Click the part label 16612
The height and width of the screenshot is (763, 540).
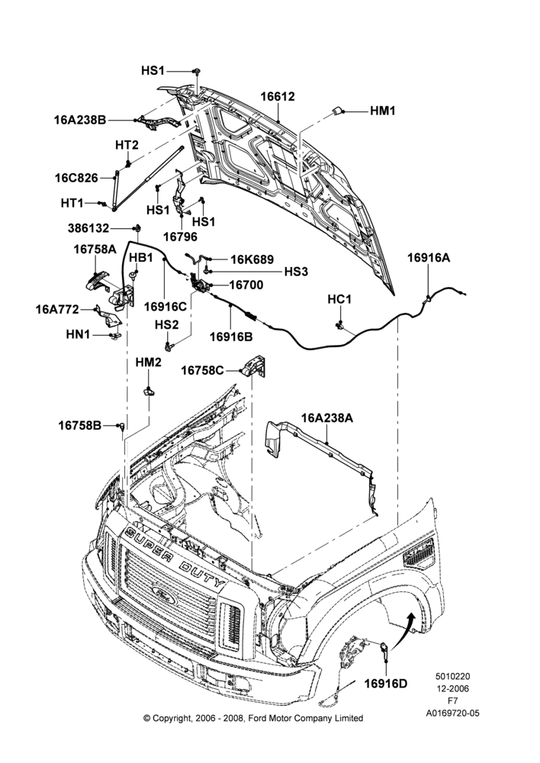click(278, 96)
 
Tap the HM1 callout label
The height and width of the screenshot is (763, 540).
click(383, 111)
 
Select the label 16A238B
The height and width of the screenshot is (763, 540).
click(80, 120)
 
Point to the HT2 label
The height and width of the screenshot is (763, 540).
click(127, 145)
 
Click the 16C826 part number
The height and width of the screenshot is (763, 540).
click(76, 178)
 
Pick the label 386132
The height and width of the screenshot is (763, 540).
click(88, 228)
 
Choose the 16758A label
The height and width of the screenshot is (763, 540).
click(95, 250)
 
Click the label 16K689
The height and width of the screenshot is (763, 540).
click(252, 260)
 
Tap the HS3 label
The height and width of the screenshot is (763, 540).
click(296, 272)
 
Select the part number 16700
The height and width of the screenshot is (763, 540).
click(246, 285)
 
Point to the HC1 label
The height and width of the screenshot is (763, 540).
click(339, 299)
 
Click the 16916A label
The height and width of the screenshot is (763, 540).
click(429, 258)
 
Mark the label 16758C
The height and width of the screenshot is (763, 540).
click(202, 371)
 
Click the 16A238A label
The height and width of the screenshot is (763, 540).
click(327, 417)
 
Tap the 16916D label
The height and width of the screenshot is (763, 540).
click(386, 684)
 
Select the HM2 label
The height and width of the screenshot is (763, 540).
click(149, 362)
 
